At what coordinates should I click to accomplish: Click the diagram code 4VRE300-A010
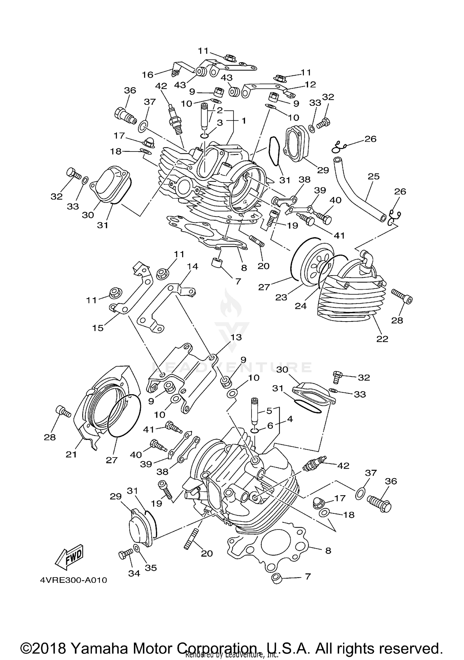[73, 580]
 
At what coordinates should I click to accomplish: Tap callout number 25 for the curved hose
[374, 177]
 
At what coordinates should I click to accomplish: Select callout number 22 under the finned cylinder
[382, 339]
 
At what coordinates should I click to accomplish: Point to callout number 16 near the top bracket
[148, 75]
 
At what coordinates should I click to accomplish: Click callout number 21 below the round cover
[71, 454]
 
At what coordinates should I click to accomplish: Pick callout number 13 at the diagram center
[236, 337]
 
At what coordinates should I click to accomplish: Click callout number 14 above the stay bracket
[192, 266]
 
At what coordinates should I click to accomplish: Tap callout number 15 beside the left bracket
[98, 328]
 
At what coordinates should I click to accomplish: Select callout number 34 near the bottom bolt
[134, 573]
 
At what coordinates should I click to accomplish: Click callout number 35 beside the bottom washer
[151, 568]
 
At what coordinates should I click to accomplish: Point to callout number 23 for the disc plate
[281, 297]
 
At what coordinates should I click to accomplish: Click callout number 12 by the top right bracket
[310, 84]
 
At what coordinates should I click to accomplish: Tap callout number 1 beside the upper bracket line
[244, 121]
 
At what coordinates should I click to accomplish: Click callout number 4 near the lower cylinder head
[290, 419]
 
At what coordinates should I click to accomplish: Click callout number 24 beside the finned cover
[300, 306]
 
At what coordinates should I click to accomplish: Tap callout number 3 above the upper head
[220, 123]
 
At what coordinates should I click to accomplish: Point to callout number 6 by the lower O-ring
[270, 426]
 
